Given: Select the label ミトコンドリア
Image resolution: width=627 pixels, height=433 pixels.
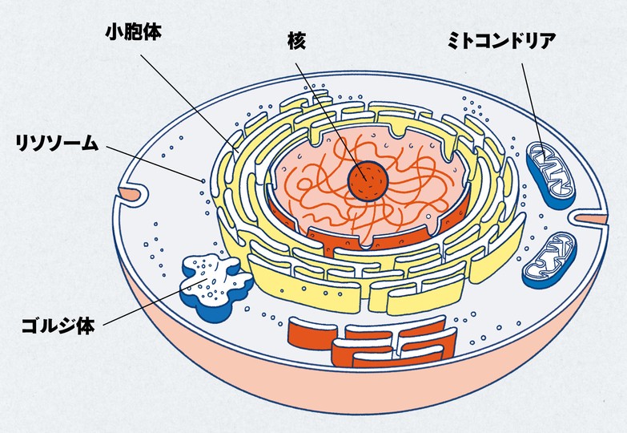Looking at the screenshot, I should point(500,42).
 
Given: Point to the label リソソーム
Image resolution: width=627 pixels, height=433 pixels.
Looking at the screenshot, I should point(57,144).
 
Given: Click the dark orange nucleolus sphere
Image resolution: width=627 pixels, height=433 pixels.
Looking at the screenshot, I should point(368,181).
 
